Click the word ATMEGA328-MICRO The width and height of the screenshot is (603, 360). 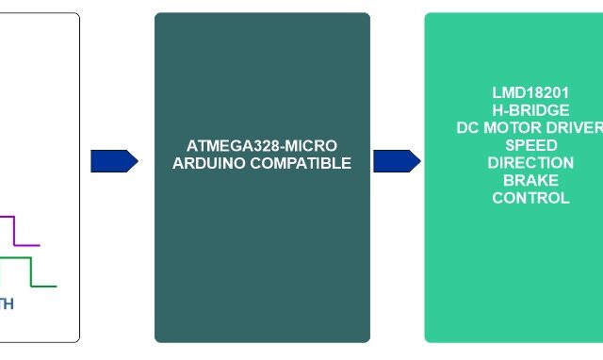click(262, 146)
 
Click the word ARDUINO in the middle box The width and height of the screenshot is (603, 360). click(208, 163)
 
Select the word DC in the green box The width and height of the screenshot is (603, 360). click(467, 128)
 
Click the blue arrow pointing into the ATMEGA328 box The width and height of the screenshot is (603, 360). click(114, 161)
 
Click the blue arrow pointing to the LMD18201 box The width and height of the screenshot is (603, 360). click(397, 161)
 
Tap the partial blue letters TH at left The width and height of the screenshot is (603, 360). click(6, 304)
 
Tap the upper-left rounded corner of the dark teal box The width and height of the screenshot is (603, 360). click(159, 17)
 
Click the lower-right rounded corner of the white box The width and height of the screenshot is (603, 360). click(75, 337)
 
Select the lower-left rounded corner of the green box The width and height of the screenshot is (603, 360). click(430, 337)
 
